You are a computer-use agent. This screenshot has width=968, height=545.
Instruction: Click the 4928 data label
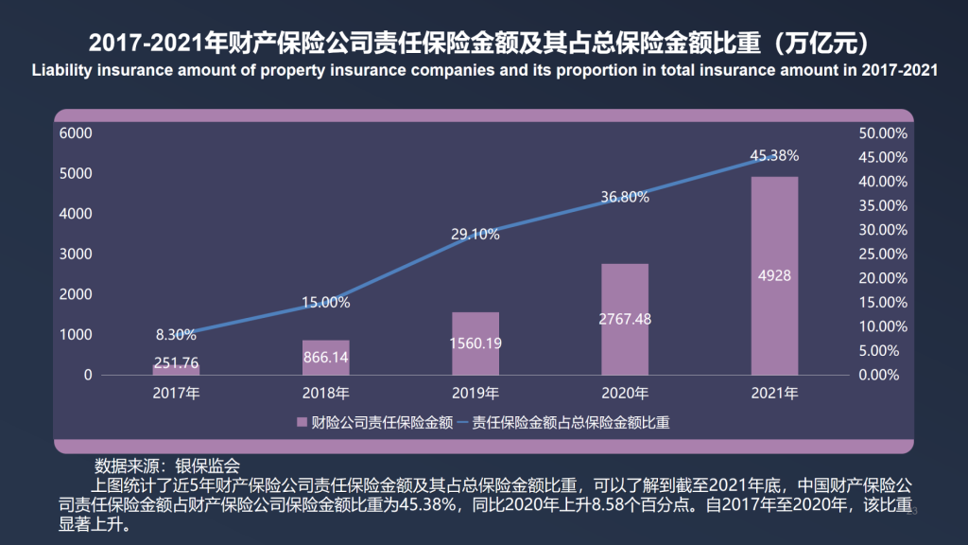pyautogui.click(x=774, y=276)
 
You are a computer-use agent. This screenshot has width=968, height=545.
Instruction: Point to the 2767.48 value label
pyautogui.click(x=625, y=319)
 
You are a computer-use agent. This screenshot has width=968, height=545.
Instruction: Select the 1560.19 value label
pyautogui.click(x=475, y=343)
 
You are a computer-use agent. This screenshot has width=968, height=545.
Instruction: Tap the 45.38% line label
pyautogui.click(x=774, y=155)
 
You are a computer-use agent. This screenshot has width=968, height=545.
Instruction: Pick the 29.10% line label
pyautogui.click(x=475, y=235)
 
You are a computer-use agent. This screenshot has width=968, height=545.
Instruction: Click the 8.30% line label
pyautogui.click(x=177, y=334)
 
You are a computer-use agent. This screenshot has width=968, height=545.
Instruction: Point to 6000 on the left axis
pyautogui.click(x=76, y=133)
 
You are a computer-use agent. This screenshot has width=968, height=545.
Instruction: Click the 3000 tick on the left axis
pyautogui.click(x=76, y=255)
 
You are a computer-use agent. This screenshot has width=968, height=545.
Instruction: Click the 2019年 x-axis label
pyautogui.click(x=475, y=393)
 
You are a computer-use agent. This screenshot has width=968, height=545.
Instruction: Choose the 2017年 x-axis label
pyautogui.click(x=177, y=393)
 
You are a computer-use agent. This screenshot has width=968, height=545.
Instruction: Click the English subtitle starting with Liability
pyautogui.click(x=483, y=71)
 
